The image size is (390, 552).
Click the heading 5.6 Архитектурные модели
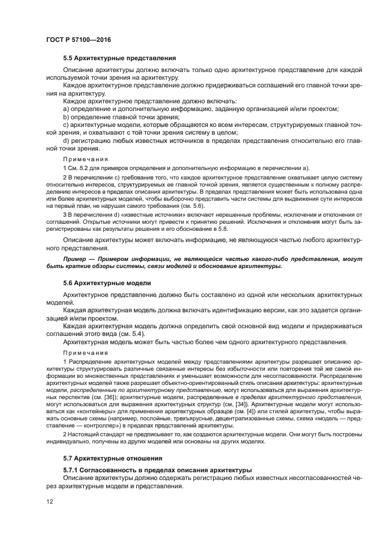[107, 283]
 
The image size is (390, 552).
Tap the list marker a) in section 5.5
[67, 109]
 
